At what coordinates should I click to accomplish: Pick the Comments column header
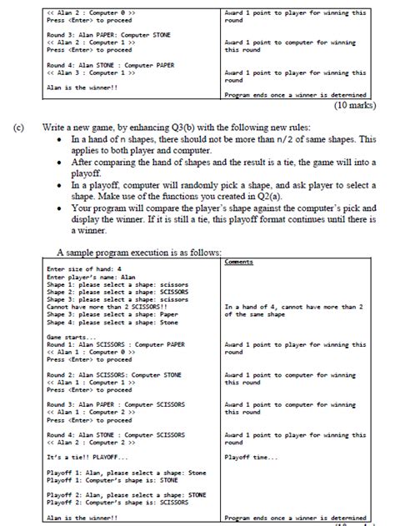click(241, 261)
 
